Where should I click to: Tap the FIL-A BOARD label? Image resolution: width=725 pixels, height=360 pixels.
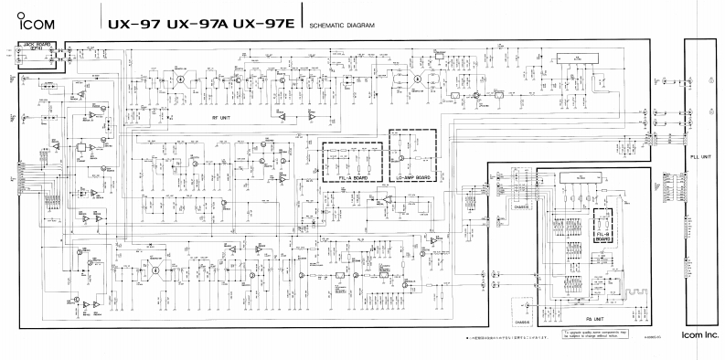click(353, 178)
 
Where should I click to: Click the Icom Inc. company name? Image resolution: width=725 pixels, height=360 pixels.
click(699, 337)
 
